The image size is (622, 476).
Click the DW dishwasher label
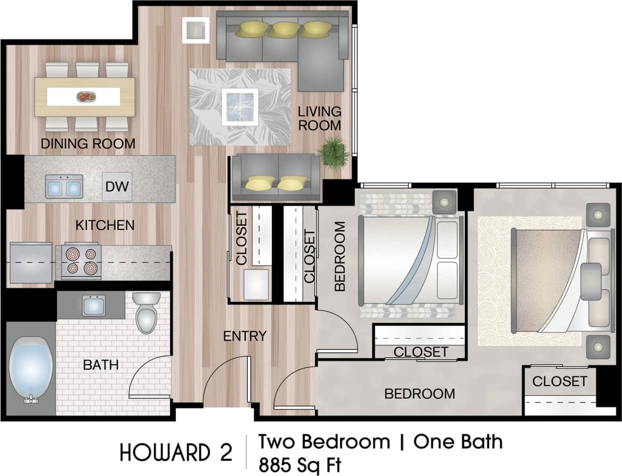tap(117, 187)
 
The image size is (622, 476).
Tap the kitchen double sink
tap(64, 187)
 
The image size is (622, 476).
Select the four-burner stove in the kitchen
tap(82, 261)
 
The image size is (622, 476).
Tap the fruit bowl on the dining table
tap(86, 97)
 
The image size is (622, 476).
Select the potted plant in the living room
tap(334, 153)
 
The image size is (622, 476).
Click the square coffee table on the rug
tap(240, 106)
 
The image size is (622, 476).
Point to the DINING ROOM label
tap(88, 144)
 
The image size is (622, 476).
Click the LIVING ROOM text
tap(319, 119)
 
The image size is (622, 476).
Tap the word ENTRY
tap(245, 336)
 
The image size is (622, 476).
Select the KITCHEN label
tap(105, 225)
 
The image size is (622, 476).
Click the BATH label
tap(101, 365)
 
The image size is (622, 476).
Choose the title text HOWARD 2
tap(176, 453)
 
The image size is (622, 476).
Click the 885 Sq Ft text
tap(300, 464)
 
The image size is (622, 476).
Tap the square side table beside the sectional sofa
tap(196, 30)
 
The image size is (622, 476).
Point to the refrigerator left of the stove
tap(31, 262)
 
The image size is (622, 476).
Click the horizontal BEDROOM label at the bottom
tap(420, 394)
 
